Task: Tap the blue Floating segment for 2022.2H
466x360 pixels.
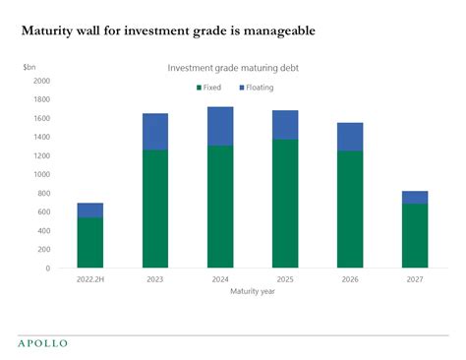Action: pos(90,210)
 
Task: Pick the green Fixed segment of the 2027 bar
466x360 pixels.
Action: pos(415,236)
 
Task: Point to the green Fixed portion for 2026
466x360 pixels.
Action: pos(349,210)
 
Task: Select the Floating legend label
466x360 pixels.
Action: pos(261,88)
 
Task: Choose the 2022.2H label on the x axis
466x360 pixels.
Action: pos(90,279)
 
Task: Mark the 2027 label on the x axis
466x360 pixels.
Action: pos(415,279)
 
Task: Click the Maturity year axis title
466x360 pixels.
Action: pos(253,291)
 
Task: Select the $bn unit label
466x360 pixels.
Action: pos(30,66)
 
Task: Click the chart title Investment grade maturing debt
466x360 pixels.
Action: pos(233,68)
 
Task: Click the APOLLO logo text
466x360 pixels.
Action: pos(43,343)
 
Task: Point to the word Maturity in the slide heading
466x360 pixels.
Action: pos(49,30)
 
